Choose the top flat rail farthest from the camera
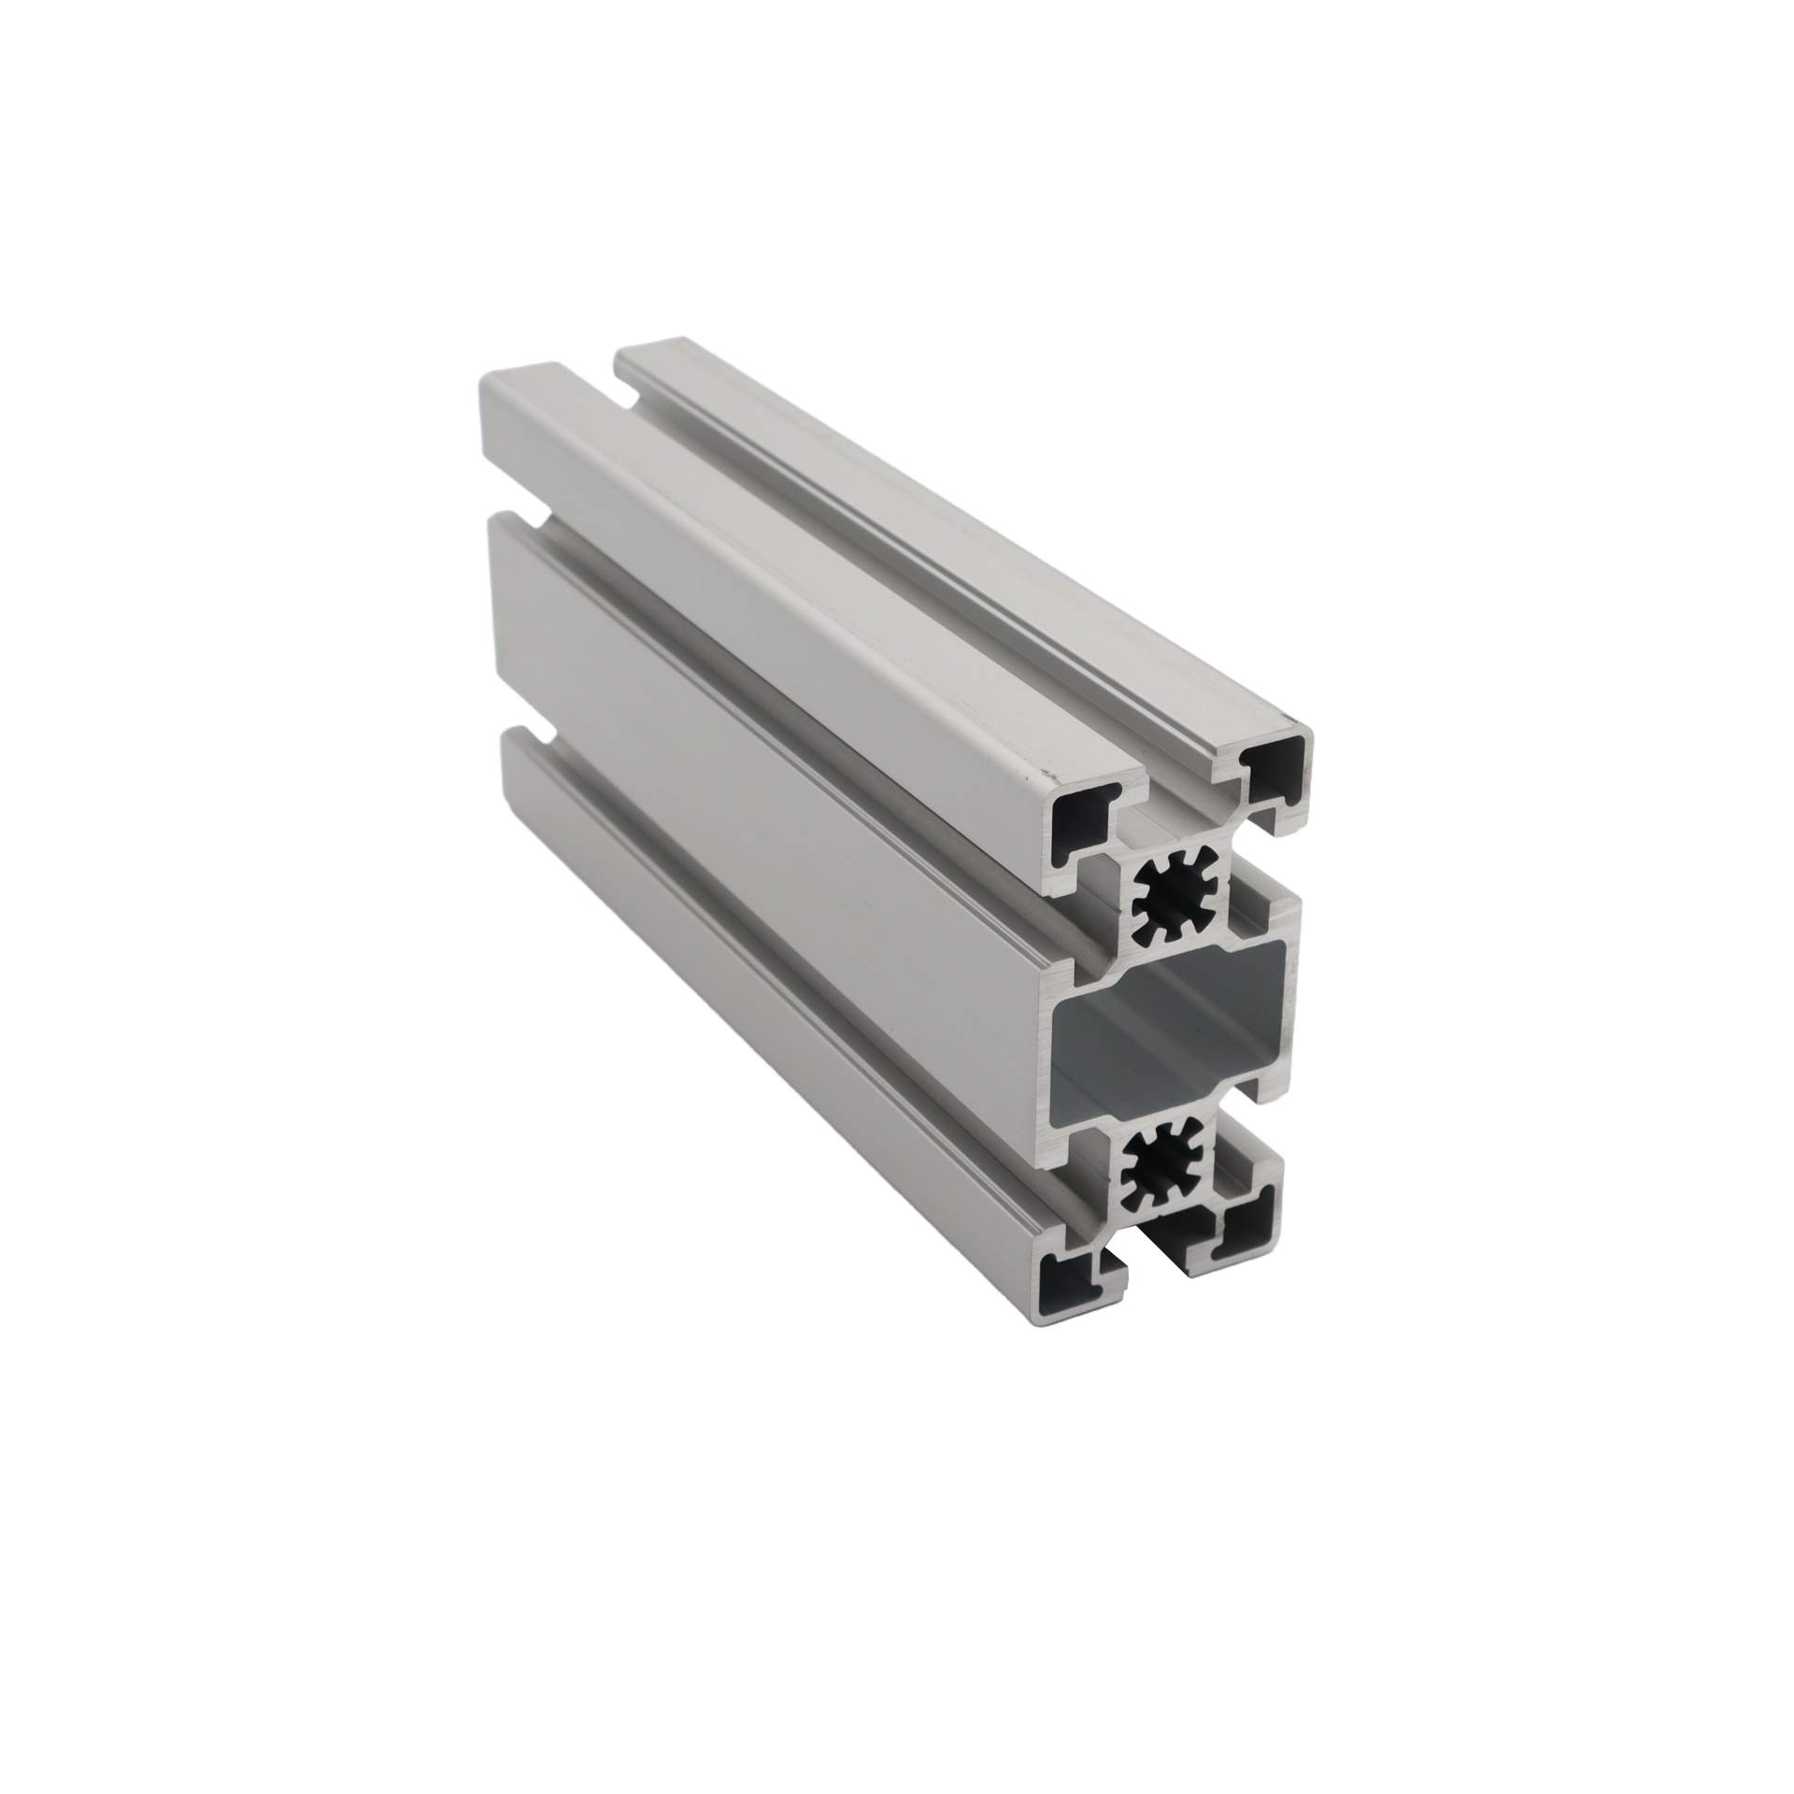click(934, 523)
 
